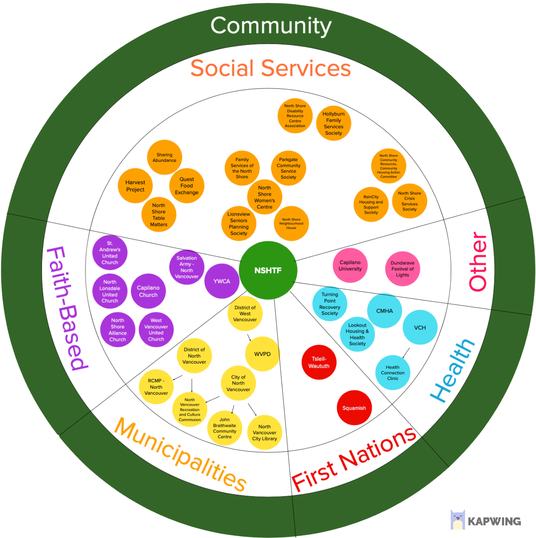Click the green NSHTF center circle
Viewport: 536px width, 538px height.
[268, 270]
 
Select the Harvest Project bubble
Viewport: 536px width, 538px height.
[135, 186]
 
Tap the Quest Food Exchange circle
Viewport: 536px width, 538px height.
[187, 186]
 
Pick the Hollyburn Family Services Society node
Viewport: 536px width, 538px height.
[334, 123]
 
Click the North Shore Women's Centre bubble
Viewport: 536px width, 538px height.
[265, 197]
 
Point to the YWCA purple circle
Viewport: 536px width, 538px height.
[222, 281]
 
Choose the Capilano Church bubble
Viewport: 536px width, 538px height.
[148, 291]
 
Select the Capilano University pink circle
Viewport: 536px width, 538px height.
[350, 265]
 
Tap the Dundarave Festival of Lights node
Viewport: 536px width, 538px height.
[402, 269]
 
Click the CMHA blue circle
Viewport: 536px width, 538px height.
[384, 311]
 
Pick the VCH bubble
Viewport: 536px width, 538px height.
[420, 327]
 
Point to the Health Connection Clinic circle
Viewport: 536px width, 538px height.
[393, 372]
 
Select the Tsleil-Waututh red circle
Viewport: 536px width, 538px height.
[319, 362]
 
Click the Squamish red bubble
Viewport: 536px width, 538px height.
[354, 408]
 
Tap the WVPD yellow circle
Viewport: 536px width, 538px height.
[263, 354]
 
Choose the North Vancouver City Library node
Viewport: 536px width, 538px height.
[265, 432]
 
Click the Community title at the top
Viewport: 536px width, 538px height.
[271, 26]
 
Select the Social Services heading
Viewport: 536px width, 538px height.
[271, 68]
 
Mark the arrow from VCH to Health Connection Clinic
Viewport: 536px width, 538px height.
[406, 352]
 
